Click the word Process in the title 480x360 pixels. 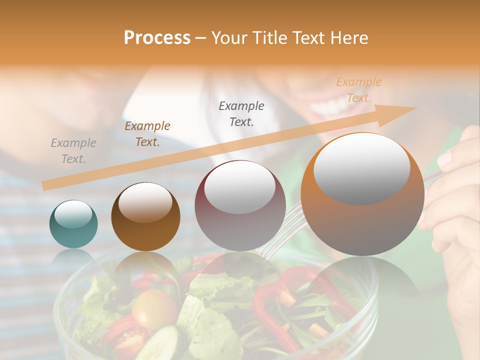(157, 38)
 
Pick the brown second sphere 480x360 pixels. (145, 216)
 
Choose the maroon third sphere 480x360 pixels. (240, 205)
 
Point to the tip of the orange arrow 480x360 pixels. (415, 108)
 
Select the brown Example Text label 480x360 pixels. (147, 134)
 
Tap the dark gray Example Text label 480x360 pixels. (241, 113)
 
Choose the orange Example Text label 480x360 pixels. (359, 90)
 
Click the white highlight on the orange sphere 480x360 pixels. (362, 167)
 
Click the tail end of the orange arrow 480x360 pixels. (45, 186)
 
